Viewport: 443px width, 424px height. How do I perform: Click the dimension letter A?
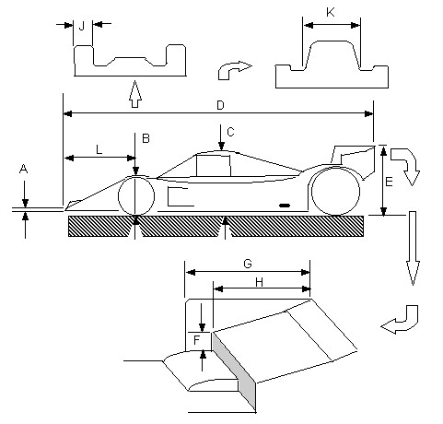[23, 169]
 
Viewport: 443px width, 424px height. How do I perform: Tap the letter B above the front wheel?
[146, 138]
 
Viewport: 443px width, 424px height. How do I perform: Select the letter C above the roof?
[230, 132]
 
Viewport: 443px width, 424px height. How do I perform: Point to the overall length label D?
[220, 105]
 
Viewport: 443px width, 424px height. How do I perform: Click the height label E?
[389, 182]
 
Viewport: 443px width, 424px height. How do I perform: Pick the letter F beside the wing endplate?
[197, 340]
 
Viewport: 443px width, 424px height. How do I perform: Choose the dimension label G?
[248, 264]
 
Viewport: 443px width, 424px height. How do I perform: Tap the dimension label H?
[259, 282]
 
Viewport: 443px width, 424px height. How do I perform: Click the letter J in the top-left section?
[82, 27]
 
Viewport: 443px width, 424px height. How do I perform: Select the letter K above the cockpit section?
[331, 12]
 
